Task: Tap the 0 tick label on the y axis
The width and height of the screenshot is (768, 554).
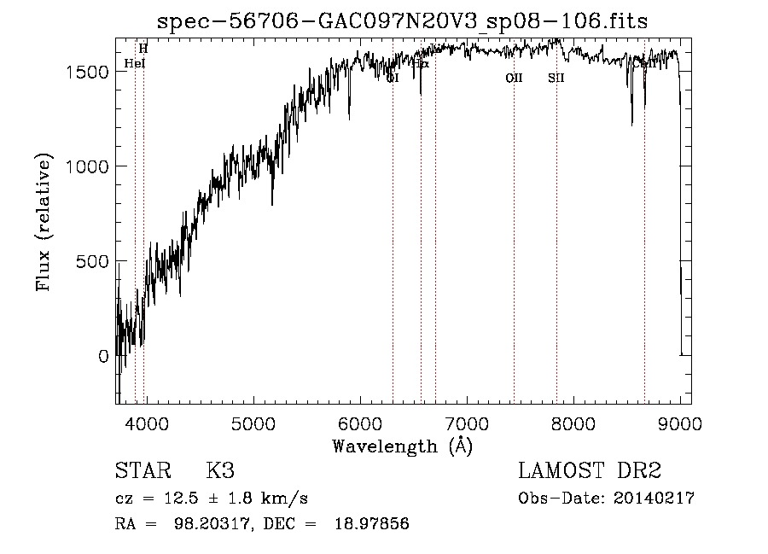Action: point(103,356)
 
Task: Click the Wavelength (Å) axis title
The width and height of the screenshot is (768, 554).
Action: point(402,446)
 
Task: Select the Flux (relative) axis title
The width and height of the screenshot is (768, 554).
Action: point(44,223)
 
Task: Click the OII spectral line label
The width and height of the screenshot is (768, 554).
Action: point(514,79)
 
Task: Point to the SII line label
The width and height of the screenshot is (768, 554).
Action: point(556,79)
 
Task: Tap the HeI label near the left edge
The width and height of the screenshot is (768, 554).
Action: point(135,63)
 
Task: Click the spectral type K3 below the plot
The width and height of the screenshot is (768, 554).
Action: point(220,470)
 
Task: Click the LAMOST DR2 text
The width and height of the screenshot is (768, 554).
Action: point(590,470)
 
